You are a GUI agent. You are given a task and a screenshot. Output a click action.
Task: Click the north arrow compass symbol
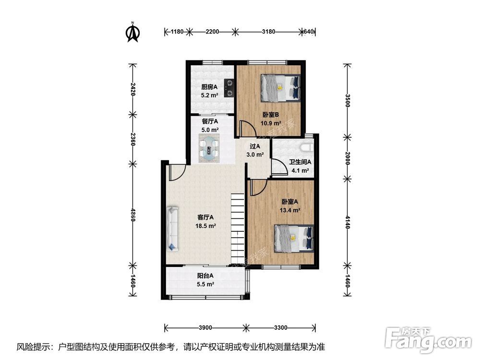click(x=133, y=32)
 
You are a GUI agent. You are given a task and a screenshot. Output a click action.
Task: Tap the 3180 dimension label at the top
click(x=268, y=32)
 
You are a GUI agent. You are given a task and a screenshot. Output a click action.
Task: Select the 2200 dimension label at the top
click(x=212, y=32)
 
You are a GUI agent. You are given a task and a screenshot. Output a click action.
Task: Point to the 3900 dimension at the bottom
click(x=205, y=328)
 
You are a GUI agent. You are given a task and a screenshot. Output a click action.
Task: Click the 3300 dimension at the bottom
click(x=280, y=328)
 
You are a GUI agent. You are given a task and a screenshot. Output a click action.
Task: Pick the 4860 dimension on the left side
click(x=132, y=215)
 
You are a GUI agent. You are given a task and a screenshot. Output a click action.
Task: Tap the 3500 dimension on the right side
click(x=347, y=100)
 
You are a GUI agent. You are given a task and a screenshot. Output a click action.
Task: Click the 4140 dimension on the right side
click(x=347, y=222)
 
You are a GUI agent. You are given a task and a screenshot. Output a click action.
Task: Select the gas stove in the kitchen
click(x=228, y=88)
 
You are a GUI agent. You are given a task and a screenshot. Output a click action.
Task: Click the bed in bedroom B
click(x=280, y=88)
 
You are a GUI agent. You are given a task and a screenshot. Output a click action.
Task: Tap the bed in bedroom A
click(x=294, y=239)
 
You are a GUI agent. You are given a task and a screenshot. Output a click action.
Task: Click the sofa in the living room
click(x=172, y=228)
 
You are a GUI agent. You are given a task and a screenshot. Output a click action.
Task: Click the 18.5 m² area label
click(x=206, y=226)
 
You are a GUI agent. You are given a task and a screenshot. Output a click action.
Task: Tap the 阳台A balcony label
click(x=205, y=276)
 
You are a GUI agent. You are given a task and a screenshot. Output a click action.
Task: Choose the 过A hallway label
click(x=255, y=146)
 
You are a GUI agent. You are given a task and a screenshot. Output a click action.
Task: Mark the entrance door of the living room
click(x=177, y=173)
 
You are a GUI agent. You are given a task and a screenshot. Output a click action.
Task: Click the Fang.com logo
click(x=428, y=339)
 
